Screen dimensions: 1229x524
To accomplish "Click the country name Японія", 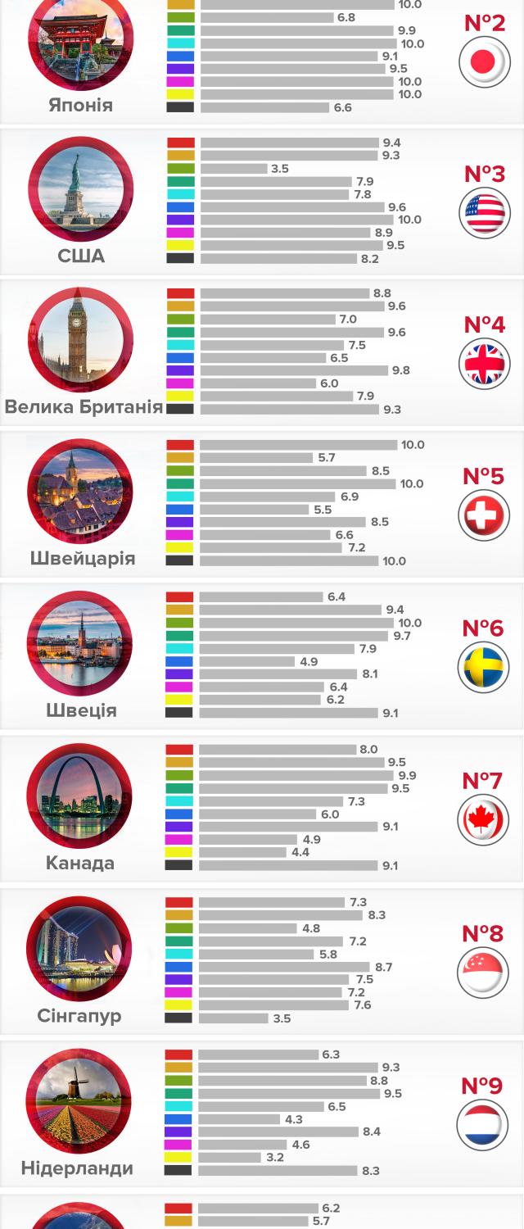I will pyautogui.click(x=80, y=106).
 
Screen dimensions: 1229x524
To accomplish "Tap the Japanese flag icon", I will pyautogui.click(x=484, y=61).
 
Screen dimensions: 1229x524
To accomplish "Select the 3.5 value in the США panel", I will pyautogui.click(x=280, y=169).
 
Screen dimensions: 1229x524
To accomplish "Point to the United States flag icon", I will pyautogui.click(x=484, y=212).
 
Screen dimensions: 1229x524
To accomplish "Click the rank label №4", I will pyautogui.click(x=485, y=324).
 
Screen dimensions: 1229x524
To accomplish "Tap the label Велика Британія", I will pyautogui.click(x=83, y=406).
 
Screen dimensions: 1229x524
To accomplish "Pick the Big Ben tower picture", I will pyautogui.click(x=79, y=339).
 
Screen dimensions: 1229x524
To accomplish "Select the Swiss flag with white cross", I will pyautogui.click(x=484, y=515).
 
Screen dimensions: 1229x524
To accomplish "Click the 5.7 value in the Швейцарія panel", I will pyautogui.click(x=327, y=458).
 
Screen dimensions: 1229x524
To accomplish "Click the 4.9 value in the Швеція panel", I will pyautogui.click(x=309, y=661).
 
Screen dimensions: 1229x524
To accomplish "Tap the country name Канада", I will pyautogui.click(x=79, y=863).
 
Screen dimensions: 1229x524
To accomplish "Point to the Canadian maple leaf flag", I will pyautogui.click(x=483, y=820).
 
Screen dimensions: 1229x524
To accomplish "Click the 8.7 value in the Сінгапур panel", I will pyautogui.click(x=383, y=967).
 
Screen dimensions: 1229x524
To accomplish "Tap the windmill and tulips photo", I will pyautogui.click(x=79, y=1100).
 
